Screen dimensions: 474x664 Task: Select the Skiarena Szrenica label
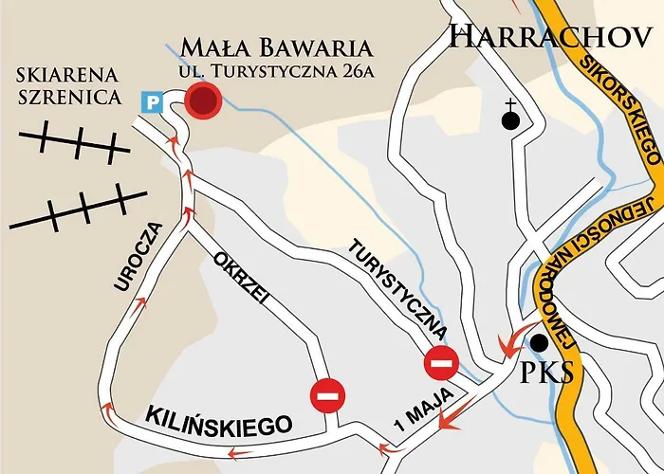point(67,86)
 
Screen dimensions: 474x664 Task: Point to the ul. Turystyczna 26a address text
point(275,73)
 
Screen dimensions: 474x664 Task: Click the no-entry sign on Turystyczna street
point(442,361)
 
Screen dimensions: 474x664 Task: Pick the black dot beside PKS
point(540,342)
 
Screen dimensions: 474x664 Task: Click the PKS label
point(547,372)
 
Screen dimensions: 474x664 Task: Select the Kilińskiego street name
point(217,420)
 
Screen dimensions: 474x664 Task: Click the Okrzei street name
point(243,283)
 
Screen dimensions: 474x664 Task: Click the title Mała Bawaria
point(276,47)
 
